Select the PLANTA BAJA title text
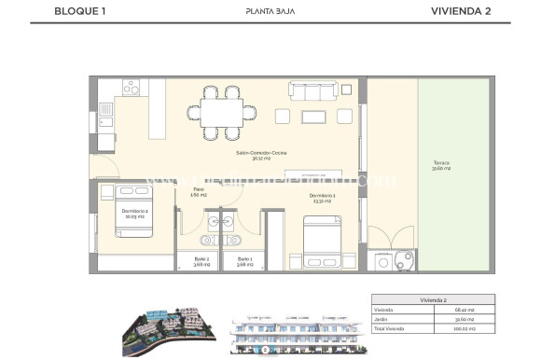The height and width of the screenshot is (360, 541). (270, 11)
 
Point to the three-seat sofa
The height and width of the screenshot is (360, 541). (312, 91)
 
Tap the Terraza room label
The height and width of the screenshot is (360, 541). (441, 166)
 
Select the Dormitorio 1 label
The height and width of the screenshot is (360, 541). (323, 197)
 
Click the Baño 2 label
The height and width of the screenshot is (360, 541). (201, 261)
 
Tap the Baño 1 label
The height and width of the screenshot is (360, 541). (244, 261)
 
